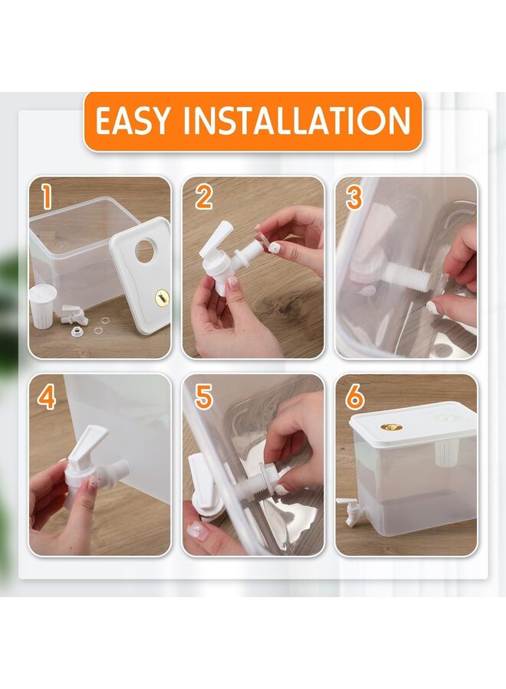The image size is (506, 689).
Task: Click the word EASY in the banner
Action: click(x=132, y=120)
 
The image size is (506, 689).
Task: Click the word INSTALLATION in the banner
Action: click(x=297, y=120)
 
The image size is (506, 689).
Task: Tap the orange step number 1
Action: click(x=47, y=196)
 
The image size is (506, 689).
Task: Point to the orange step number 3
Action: click(x=355, y=197)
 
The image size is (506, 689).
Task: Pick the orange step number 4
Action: click(x=47, y=397)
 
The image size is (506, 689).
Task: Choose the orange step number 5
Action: click(x=203, y=396)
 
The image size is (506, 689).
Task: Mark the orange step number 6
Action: click(x=355, y=396)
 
